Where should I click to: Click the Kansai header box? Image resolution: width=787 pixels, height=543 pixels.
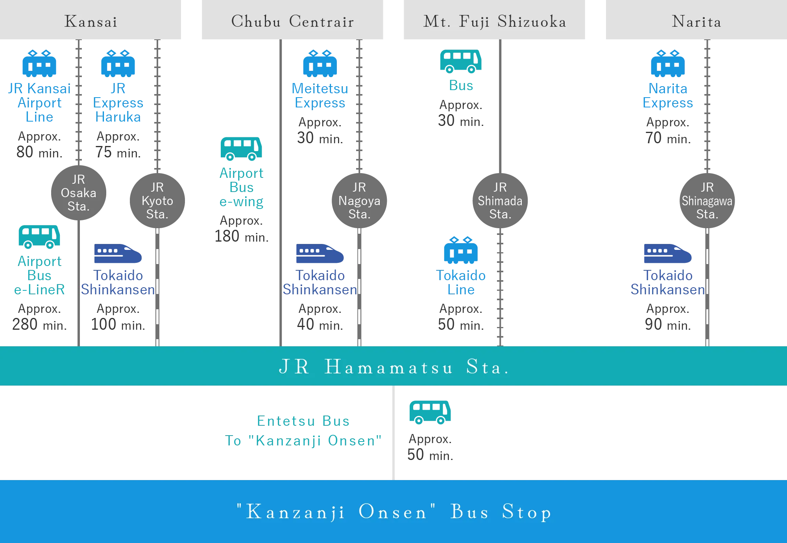[91, 21]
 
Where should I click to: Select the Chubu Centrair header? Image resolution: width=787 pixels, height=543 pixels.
[292, 21]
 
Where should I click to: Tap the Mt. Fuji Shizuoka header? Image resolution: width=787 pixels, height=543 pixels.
[494, 21]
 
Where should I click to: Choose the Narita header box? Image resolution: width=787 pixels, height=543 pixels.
[696, 21]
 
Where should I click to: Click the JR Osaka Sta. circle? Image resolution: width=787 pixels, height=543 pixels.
[79, 192]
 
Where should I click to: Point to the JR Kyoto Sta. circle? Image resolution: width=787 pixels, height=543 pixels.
[157, 201]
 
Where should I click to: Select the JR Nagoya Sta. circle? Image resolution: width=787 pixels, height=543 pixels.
[359, 201]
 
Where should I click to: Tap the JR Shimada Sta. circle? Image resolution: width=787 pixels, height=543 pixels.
[500, 201]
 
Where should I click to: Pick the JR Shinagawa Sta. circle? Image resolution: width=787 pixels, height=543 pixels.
[707, 201]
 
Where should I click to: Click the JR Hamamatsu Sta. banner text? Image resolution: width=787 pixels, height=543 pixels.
[393, 367]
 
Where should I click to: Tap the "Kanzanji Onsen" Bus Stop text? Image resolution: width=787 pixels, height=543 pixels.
[393, 512]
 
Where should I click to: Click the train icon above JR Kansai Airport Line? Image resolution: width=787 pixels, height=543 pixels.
[39, 63]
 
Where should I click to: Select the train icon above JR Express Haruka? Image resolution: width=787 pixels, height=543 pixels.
[118, 63]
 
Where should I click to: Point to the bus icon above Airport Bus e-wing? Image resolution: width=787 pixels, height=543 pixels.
[242, 149]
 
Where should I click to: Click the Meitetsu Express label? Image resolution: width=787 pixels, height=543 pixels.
[320, 96]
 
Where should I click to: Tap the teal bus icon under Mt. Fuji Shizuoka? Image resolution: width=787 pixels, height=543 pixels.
[460, 61]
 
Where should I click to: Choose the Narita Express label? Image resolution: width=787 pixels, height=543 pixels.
[668, 96]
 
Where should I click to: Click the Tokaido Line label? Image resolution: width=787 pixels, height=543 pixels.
[461, 282]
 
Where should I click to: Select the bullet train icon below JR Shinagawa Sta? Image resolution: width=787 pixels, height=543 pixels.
[667, 254]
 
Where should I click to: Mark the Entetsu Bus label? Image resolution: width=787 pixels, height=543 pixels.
[302, 422]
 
